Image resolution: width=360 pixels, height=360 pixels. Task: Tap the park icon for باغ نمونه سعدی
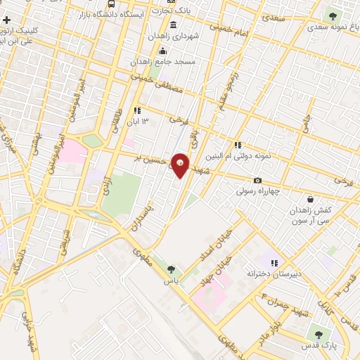331,15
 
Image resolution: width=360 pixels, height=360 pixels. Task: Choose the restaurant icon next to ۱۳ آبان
137,110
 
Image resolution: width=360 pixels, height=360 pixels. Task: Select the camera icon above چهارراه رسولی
257,180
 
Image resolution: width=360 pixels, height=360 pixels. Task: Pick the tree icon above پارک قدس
319,335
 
